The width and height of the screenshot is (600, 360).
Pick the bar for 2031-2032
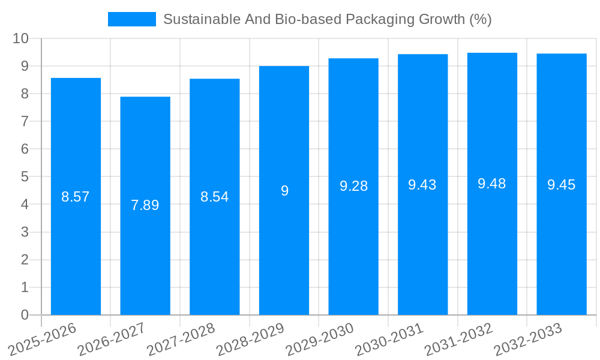pyautogui.click(x=492, y=240)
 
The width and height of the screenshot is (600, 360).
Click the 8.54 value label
pyautogui.click(x=214, y=197)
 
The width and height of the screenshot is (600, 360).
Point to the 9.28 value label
pyautogui.click(x=353, y=186)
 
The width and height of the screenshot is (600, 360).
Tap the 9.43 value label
pyautogui.click(x=422, y=185)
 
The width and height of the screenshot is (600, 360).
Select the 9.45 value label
pyautogui.click(x=561, y=185)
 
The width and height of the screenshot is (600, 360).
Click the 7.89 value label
pyautogui.click(x=145, y=205)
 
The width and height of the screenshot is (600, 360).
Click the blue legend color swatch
pyautogui.click(x=131, y=19)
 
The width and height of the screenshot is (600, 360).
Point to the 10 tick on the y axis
pyautogui.click(x=20, y=38)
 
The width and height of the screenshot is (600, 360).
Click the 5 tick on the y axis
pyautogui.click(x=25, y=177)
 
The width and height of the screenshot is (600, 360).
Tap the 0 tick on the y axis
pyautogui.click(x=25, y=315)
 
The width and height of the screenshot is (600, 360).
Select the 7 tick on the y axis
pyautogui.click(x=25, y=121)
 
